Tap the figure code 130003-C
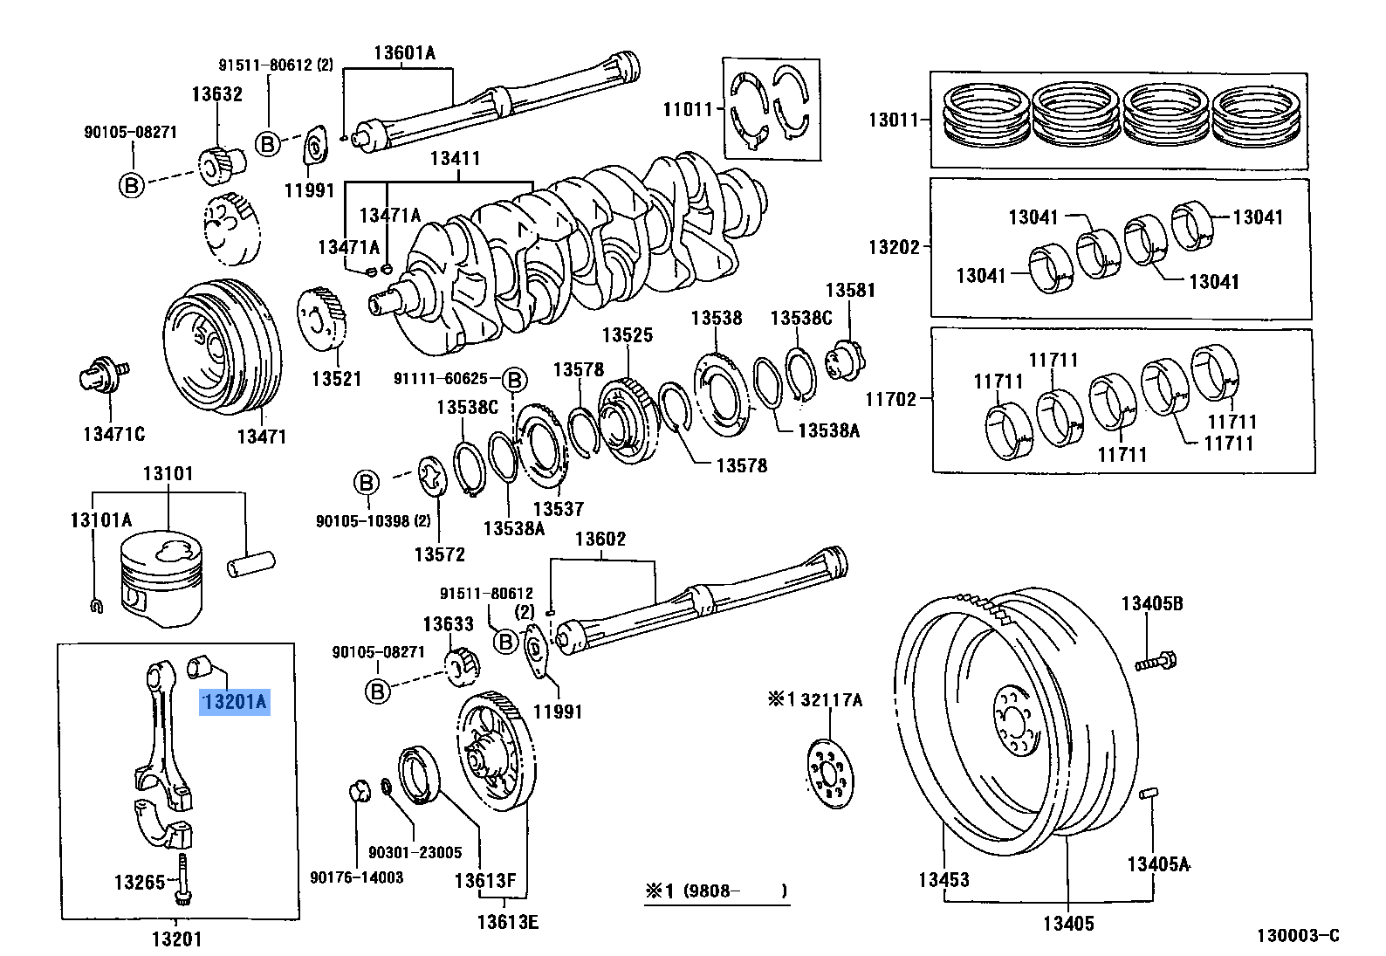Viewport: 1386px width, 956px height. (1297, 936)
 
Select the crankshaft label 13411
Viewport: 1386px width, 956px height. (455, 159)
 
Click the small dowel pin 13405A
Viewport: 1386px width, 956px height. (1149, 795)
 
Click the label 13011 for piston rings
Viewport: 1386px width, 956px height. (893, 120)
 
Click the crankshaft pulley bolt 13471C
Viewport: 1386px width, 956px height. (104, 376)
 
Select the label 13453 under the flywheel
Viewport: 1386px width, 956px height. (943, 879)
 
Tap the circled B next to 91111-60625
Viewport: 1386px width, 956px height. (515, 379)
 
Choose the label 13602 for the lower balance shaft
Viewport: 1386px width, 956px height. (600, 539)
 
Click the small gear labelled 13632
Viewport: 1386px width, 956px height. (215, 166)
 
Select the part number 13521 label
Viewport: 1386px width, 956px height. (336, 379)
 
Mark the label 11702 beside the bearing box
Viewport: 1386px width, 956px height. (891, 399)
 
